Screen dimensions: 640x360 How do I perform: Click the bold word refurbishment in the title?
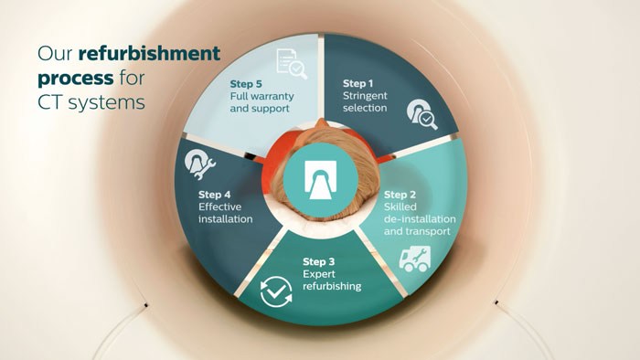coord(149,53)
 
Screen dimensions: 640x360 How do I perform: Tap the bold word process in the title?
coord(76,79)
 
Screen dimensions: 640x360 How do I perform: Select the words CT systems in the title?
coord(91,102)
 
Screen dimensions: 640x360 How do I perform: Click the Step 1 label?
coord(358,83)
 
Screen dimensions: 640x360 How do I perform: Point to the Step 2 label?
coord(400,195)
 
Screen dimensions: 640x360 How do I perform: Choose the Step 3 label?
coord(319,261)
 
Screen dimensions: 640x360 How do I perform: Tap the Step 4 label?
coord(215,195)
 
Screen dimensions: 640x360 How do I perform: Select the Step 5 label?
coord(246,84)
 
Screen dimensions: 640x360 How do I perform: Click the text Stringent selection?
coord(365,102)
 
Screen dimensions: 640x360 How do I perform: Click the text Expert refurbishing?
coord(332,281)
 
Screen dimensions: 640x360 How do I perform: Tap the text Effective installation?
coord(225,213)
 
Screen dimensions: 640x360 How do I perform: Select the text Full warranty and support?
coord(261,102)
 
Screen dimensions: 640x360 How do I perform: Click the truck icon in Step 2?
coord(415,259)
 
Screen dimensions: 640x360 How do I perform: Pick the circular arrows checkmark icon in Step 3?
coord(276,291)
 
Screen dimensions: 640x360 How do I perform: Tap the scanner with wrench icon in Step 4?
coord(199,164)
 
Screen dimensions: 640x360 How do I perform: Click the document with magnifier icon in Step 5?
coord(292,64)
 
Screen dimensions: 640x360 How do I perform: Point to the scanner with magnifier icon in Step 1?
coord(422,114)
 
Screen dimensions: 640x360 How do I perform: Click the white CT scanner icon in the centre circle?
coord(320,180)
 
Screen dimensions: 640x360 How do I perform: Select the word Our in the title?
coord(55,54)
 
